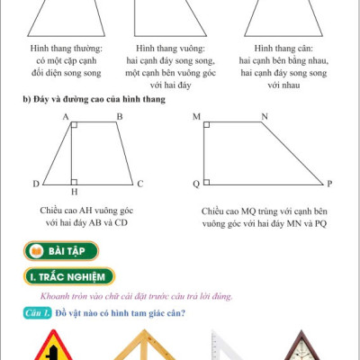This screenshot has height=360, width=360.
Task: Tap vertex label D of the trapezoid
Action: tap(36, 184)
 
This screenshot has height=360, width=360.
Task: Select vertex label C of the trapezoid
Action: tap(140, 184)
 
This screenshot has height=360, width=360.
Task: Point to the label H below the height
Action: tap(74, 193)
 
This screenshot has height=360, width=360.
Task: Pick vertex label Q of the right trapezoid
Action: tap(195, 184)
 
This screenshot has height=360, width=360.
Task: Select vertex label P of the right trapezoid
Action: tap(330, 184)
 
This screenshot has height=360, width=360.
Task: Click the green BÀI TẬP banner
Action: tap(62, 250)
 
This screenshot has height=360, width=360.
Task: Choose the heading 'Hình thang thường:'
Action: tap(65, 46)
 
